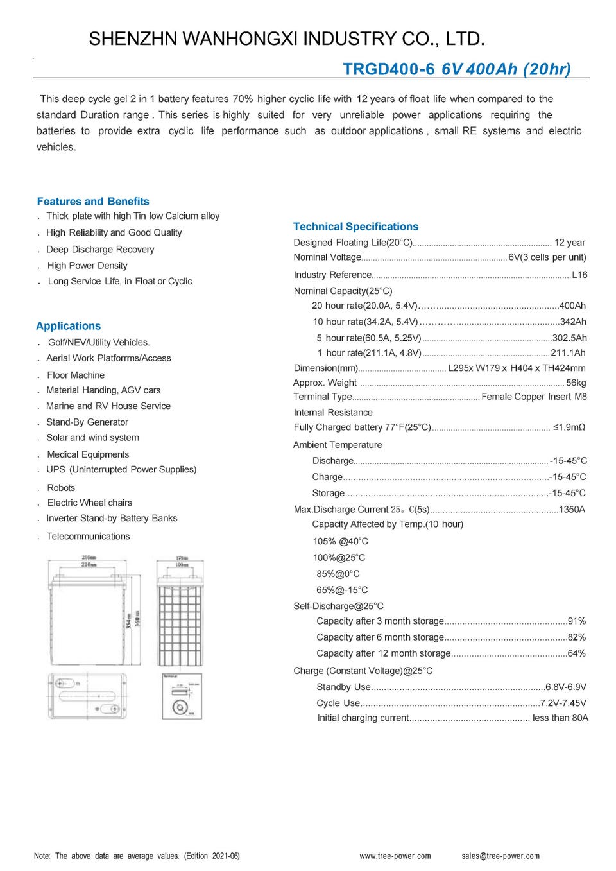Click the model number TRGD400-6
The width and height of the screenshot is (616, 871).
[x=388, y=69]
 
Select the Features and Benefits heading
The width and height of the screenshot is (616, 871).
[x=93, y=202]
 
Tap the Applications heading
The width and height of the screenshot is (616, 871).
[x=69, y=326]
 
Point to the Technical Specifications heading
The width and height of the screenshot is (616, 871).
[x=355, y=227]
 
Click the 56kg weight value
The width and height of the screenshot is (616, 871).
[x=576, y=383]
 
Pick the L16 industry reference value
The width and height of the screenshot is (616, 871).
[x=579, y=275]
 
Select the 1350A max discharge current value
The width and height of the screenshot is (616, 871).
[x=572, y=510]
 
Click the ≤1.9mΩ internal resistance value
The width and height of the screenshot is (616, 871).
[x=569, y=427]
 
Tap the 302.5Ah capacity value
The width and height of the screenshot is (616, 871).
[x=569, y=338]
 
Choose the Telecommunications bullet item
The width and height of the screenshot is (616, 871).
[x=88, y=537]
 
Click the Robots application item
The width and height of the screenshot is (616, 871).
[x=61, y=488]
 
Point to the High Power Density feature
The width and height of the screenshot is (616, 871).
[x=87, y=266]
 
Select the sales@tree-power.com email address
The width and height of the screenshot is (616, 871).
[x=501, y=856]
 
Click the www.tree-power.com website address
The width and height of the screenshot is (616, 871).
[x=395, y=856]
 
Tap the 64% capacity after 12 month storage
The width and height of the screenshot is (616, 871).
[x=576, y=653]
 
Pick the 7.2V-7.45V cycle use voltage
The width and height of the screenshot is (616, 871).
[x=563, y=703]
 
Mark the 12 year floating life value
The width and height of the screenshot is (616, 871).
[x=569, y=243]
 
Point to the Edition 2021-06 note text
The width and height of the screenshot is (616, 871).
[x=212, y=856]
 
